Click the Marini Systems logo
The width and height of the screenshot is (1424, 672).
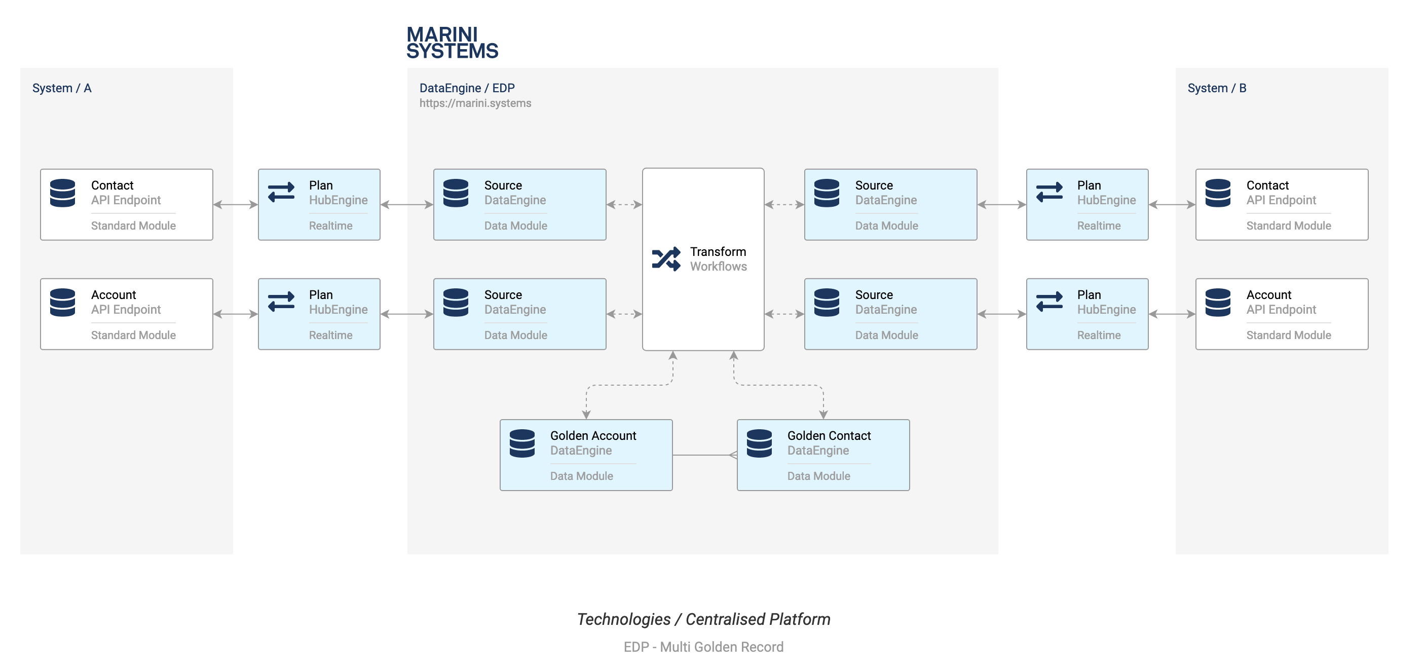coord(452,43)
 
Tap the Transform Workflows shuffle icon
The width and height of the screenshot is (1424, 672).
coord(666,258)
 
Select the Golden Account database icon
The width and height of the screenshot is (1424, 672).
coord(522,443)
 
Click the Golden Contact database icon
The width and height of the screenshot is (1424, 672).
coord(759,443)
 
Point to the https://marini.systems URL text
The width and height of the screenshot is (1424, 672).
coord(475,103)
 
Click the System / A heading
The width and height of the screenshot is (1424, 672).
coord(62,88)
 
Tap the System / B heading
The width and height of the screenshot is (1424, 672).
coord(1217,88)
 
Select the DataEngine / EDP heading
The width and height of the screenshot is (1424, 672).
coord(467,88)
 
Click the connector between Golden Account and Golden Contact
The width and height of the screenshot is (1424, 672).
coord(705,456)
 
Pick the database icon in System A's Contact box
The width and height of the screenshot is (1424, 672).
coord(62,193)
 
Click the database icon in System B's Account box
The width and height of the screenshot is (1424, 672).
coord(1218,302)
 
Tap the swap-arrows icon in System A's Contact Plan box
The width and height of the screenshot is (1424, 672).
coord(281,192)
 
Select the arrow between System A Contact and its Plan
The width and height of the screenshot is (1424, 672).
coord(236,204)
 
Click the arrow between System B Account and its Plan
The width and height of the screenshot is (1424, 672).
coord(1172,314)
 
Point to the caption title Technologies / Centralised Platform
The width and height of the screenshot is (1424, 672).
coord(704,619)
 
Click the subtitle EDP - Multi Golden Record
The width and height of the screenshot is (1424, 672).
coord(704,647)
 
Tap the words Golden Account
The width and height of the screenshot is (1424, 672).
coord(593,435)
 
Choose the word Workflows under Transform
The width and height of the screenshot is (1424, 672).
coord(719,267)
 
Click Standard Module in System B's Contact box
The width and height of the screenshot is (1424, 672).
coord(1289,226)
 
